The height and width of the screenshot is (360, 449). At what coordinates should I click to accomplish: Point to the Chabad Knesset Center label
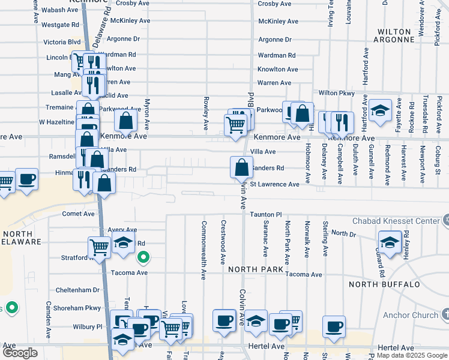coord(405,221)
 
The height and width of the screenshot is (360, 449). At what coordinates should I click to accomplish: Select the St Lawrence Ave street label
coord(274,184)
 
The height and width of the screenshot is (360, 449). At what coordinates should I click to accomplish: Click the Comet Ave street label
coord(79,214)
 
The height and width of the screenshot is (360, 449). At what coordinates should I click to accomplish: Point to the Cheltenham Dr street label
coord(77,289)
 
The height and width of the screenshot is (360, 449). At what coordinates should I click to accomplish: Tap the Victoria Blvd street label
coord(62,43)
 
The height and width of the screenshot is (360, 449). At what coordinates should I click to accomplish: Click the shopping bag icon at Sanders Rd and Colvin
coord(241,167)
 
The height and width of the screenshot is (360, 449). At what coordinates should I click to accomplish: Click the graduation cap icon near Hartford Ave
coord(379,110)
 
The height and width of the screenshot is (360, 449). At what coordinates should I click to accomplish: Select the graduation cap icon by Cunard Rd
coord(390,242)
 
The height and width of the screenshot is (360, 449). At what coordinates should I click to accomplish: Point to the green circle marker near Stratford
coord(143,259)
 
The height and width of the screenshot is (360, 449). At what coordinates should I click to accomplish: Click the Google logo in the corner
coord(20,353)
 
